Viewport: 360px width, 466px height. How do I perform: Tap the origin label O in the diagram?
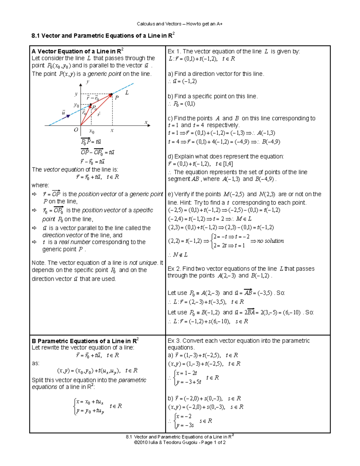coord(76,130)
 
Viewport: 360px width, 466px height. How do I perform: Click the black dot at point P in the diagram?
coord(111,95)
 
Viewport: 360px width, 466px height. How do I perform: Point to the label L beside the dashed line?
coord(127,93)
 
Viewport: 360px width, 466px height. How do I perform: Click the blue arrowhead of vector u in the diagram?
coord(69,116)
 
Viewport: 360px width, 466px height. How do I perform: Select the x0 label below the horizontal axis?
coord(92,131)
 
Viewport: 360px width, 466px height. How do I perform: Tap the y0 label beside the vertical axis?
coord(76,105)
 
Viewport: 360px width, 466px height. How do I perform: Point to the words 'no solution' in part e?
coord(270,241)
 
